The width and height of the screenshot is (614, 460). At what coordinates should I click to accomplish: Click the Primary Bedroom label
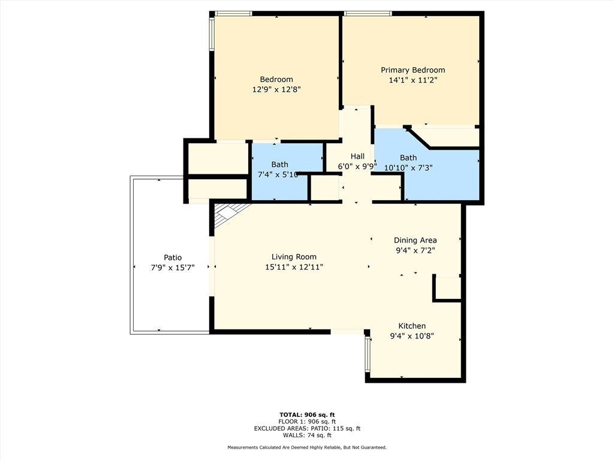click(413, 70)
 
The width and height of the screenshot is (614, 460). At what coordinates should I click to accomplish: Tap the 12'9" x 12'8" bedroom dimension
click(276, 90)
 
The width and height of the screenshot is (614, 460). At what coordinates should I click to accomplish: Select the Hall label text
click(357, 156)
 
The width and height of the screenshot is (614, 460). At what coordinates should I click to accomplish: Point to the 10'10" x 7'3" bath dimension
click(408, 168)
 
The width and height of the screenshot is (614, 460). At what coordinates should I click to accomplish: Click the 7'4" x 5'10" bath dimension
click(278, 174)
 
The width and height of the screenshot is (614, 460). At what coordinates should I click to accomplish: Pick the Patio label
click(173, 258)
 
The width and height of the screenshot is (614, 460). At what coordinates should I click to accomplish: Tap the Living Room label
click(294, 257)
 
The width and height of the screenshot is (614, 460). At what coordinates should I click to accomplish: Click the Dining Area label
click(415, 240)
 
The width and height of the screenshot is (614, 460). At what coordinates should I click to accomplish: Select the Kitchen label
click(412, 326)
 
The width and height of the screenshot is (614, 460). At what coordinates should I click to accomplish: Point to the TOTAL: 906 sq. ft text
click(307, 414)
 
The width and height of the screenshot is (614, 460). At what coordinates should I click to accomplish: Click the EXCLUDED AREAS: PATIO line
click(307, 428)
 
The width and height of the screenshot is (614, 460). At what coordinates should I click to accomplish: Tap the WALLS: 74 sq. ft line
click(307, 435)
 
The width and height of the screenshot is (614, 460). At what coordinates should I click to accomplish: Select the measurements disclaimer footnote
click(307, 447)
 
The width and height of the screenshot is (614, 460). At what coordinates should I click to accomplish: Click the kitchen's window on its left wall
click(368, 354)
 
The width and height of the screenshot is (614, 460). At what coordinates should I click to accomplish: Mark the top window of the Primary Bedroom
click(368, 14)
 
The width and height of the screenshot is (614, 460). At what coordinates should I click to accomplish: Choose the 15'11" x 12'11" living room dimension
click(294, 267)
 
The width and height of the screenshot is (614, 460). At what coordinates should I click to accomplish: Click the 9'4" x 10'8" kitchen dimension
click(412, 336)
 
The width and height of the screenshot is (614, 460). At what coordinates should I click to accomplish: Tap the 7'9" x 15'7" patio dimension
click(173, 268)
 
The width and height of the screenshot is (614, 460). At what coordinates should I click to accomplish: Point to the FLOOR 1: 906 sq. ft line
click(307, 422)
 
